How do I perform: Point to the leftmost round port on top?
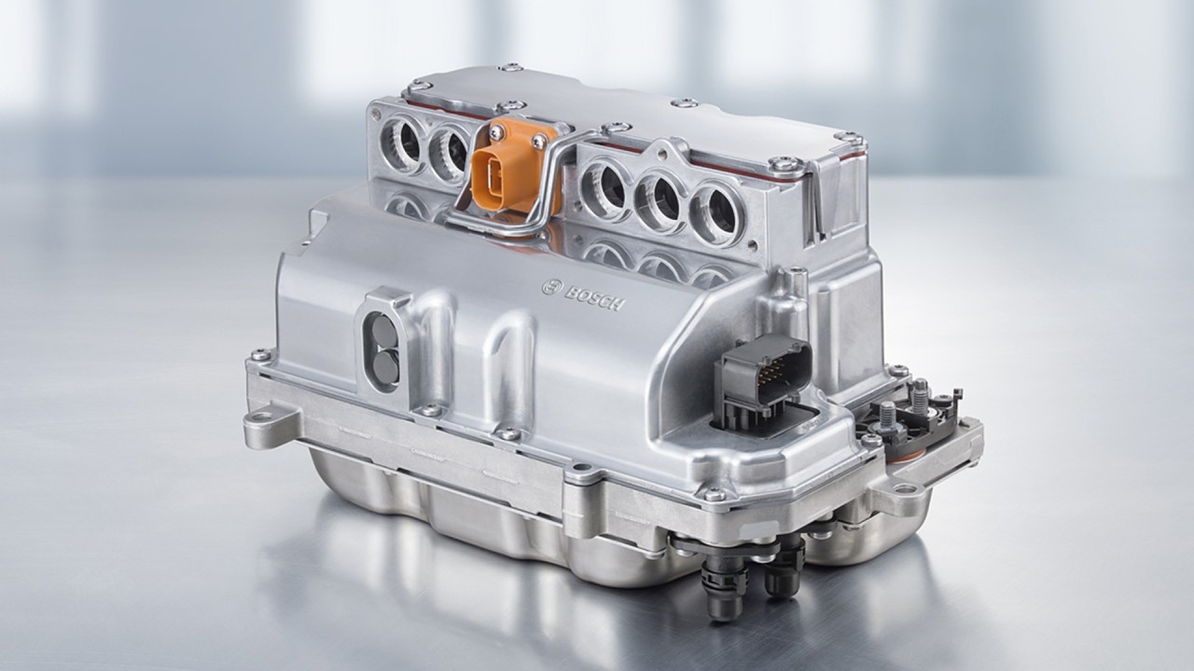tap(405, 143)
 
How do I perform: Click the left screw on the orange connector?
tap(494, 132)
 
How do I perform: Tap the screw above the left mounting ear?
tap(260, 355)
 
